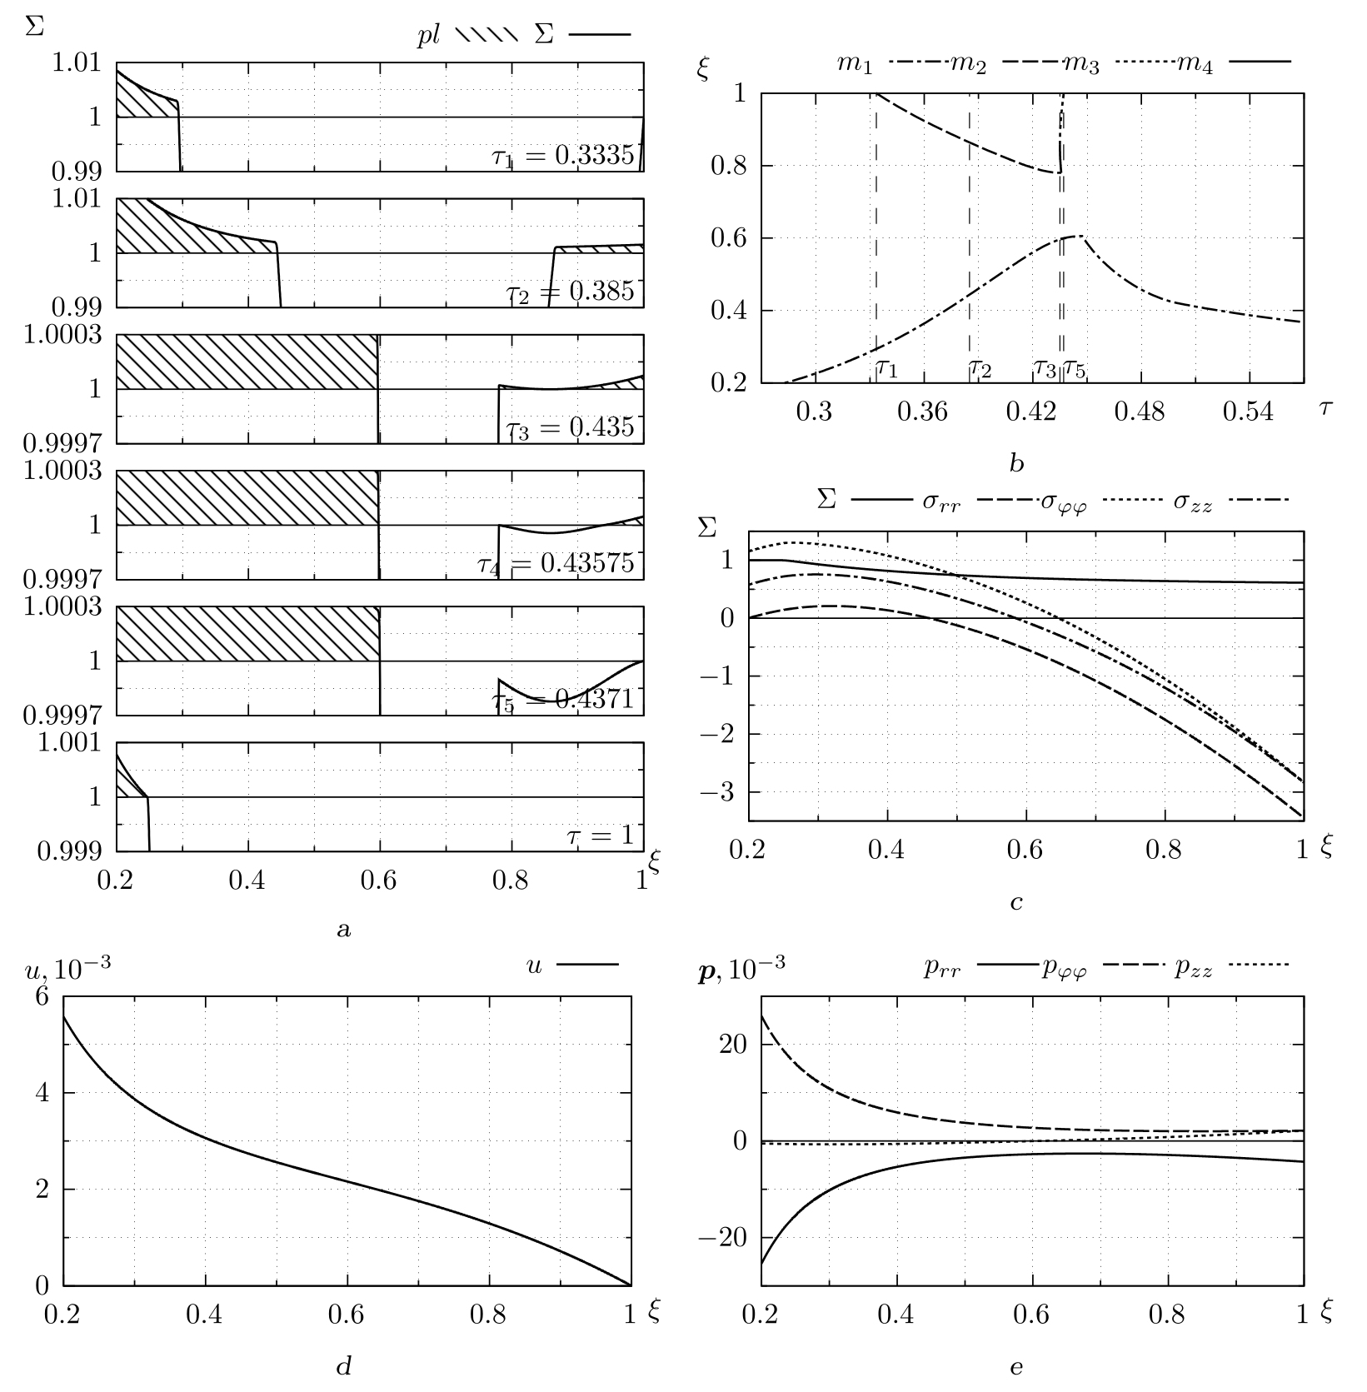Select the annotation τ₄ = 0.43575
tap(555, 563)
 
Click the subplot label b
tap(1016, 464)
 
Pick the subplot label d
tap(343, 1365)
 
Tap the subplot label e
tap(1016, 1366)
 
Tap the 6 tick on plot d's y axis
tap(42, 997)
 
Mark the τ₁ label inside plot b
tap(886, 367)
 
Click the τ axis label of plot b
tap(1326, 407)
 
